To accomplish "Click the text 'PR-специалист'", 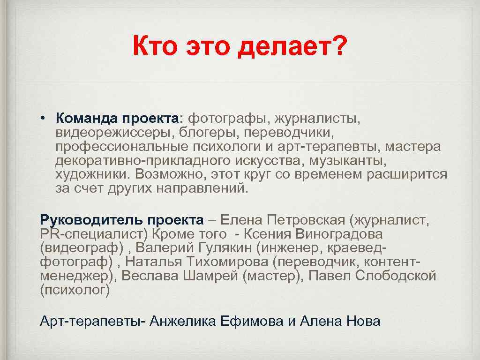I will point(80,233).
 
